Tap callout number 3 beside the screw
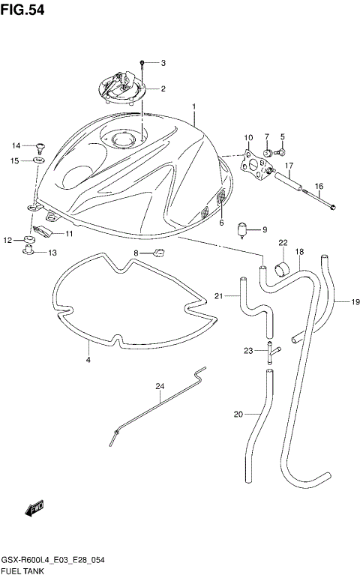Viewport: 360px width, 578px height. (163, 62)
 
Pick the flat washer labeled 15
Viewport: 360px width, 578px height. (38, 160)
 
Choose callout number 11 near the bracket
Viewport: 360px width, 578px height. (68, 234)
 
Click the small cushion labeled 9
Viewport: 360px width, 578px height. (242, 229)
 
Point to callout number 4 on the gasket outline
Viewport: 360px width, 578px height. (88, 361)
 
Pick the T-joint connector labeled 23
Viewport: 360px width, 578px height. (268, 349)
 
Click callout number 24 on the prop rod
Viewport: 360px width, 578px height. (159, 387)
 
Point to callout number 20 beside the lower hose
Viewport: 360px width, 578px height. (238, 414)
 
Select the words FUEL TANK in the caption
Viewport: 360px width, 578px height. (22, 571)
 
